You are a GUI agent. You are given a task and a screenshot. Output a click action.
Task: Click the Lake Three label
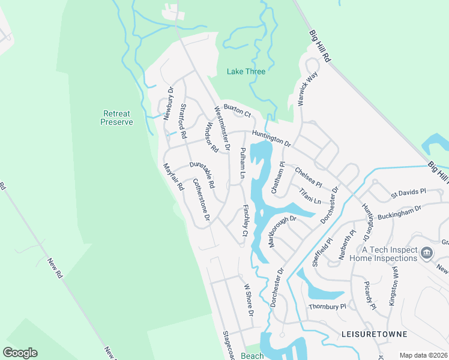(246, 71)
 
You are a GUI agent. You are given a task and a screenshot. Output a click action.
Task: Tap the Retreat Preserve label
(117, 118)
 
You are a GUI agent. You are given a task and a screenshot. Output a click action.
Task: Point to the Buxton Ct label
(237, 110)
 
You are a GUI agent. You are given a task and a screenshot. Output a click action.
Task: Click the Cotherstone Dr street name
(201, 200)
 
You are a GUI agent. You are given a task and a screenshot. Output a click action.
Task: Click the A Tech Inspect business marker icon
(427, 253)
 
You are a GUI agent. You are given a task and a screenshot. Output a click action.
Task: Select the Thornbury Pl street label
(328, 307)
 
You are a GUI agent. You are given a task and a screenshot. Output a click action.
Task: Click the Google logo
(20, 353)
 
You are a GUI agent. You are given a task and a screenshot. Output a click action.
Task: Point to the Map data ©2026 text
(423, 355)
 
